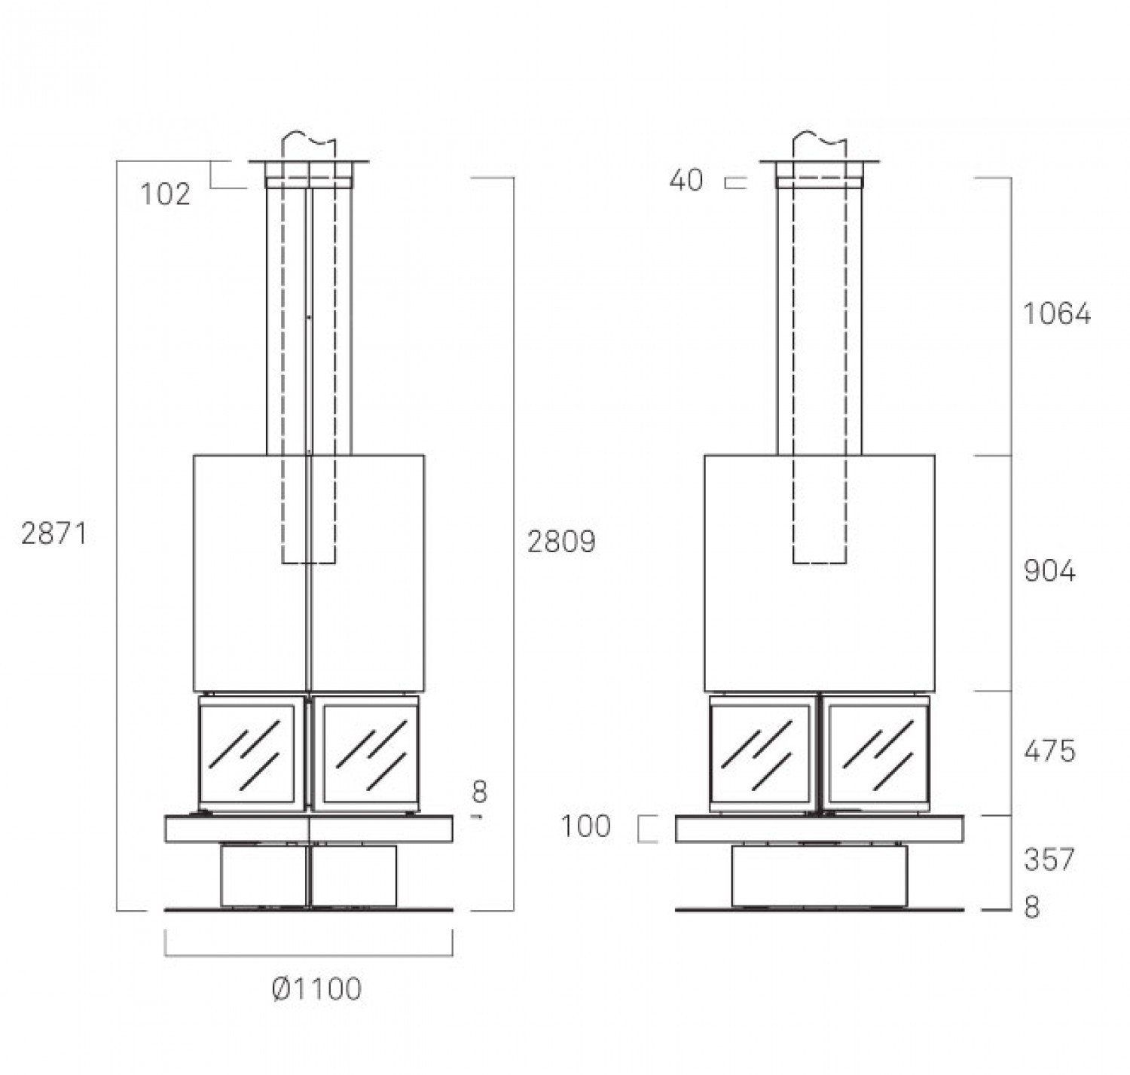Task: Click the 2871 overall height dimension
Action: coord(53,533)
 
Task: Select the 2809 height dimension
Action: coord(561,542)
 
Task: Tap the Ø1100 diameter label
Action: coord(316,989)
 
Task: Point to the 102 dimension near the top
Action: coord(165,194)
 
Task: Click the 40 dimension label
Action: coord(686,181)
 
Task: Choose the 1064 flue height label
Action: coord(1056,314)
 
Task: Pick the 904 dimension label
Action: coord(1049,572)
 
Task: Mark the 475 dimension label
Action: coord(1049,751)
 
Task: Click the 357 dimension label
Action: coord(1049,860)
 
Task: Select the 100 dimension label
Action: coord(585,826)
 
